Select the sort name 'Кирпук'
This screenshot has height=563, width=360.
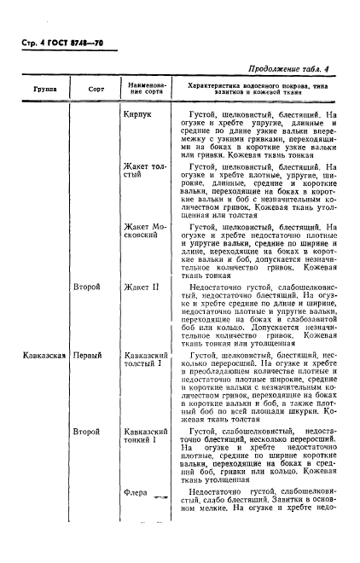[138, 112]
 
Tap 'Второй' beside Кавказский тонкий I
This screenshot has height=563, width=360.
[89, 432]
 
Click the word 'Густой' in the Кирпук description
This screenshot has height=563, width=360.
[207, 112]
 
